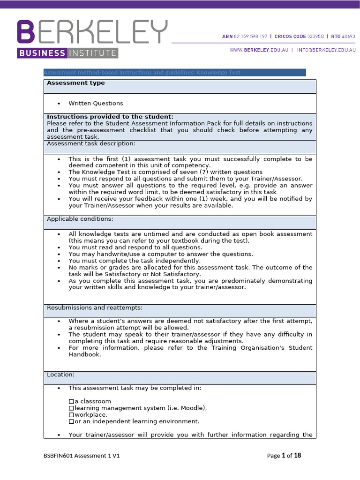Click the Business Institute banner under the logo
tap(67, 53)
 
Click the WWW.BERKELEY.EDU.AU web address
tap(258, 49)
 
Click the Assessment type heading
tap(75, 83)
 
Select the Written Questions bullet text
tap(96, 103)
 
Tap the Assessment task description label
tap(91, 143)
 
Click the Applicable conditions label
tap(80, 219)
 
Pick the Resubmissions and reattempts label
tap(95, 307)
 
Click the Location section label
tap(60, 375)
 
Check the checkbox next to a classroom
tap(71, 402)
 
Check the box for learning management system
tap(71, 408)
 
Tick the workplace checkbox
tap(71, 415)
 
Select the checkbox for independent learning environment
tap(71, 421)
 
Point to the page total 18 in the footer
tap(297, 455)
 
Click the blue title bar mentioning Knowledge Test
tap(174, 72)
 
